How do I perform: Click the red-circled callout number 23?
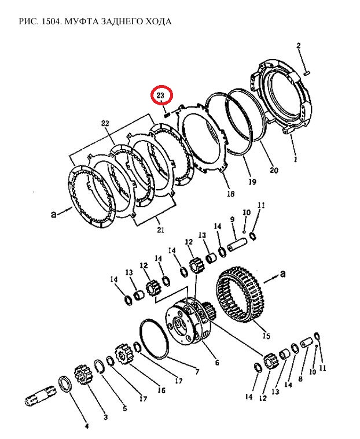(161, 95)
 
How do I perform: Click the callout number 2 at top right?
(299, 46)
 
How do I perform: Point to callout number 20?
(274, 170)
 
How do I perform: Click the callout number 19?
(252, 182)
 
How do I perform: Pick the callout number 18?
(230, 194)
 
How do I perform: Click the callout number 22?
(105, 123)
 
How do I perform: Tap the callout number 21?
(160, 230)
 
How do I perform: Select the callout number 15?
(266, 335)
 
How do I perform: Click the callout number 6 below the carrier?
(217, 363)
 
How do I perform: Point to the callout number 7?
(197, 371)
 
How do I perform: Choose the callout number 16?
(161, 390)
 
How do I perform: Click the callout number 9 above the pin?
(232, 220)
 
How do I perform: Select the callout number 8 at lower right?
(299, 379)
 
